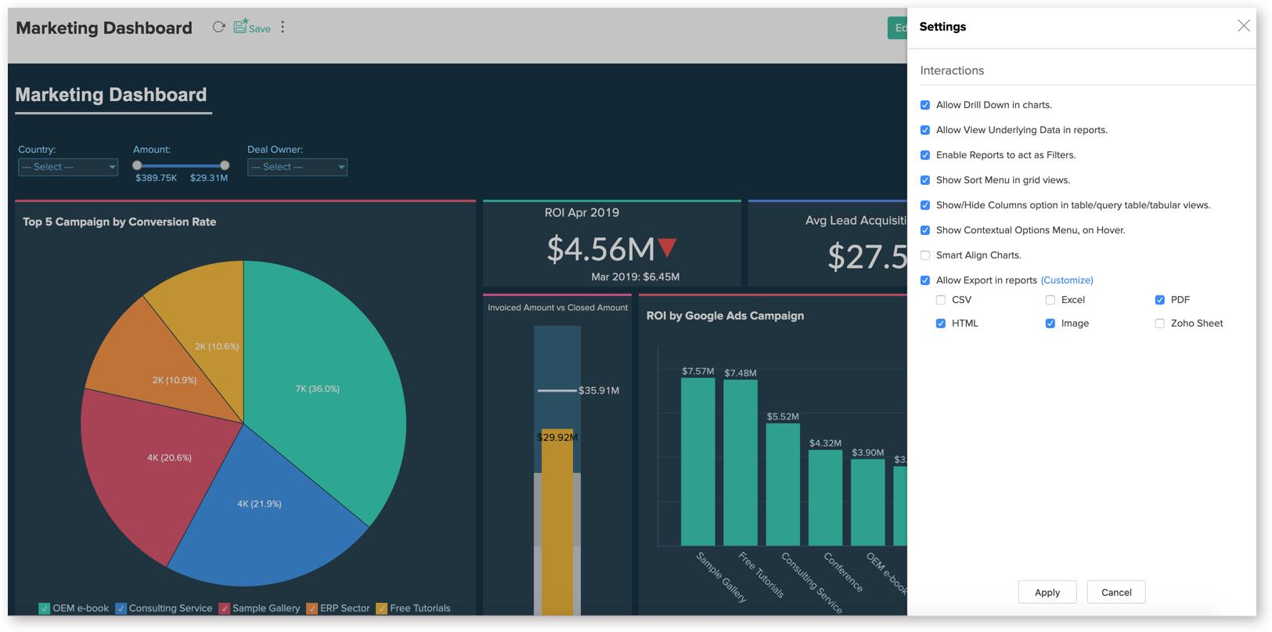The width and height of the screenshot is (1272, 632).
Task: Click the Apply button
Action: (x=1047, y=592)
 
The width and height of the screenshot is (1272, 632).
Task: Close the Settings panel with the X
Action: (x=1243, y=27)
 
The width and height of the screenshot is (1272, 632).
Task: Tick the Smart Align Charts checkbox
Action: (x=925, y=255)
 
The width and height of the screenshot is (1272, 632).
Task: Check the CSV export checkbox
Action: (x=941, y=300)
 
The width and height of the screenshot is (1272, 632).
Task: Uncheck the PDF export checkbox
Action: (x=1159, y=300)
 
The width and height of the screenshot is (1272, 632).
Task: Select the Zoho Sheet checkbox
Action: (x=1159, y=323)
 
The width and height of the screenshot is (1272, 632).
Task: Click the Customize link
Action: (x=1066, y=280)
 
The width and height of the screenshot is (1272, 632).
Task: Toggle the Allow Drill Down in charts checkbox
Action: (x=925, y=105)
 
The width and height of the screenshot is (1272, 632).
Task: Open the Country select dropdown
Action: (x=68, y=167)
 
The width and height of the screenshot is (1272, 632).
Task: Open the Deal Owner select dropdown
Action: (x=297, y=167)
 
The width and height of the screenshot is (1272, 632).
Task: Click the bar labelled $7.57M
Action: (x=697, y=462)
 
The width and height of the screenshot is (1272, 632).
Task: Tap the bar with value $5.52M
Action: (x=782, y=486)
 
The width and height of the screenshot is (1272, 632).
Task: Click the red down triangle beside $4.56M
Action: (x=667, y=247)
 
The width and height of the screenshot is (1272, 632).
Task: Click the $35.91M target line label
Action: (x=599, y=390)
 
